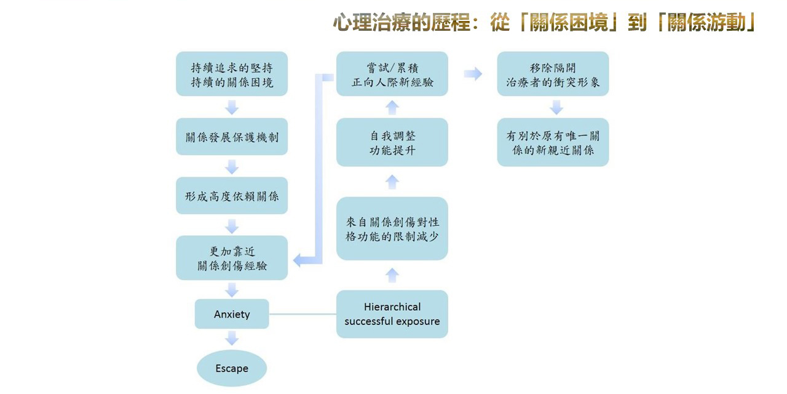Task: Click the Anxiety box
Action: click(232, 314)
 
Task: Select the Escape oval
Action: click(232, 369)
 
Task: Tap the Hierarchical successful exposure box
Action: click(392, 314)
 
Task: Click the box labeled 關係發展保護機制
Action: click(232, 137)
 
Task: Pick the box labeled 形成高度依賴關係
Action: click(232, 196)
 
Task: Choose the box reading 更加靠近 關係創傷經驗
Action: click(232, 258)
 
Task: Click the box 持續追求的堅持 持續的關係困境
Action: click(232, 74)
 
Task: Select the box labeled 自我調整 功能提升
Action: click(392, 142)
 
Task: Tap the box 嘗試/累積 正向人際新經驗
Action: click(392, 74)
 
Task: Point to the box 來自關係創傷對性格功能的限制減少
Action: click(392, 228)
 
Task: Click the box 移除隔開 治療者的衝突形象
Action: click(553, 74)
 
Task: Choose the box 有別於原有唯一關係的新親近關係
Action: click(553, 142)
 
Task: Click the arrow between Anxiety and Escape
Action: click(232, 337)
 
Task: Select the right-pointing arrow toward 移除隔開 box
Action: click(473, 74)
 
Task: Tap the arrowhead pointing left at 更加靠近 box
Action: click(299, 260)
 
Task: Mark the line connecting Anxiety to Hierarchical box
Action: click(303, 314)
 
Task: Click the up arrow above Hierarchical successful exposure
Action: click(392, 275)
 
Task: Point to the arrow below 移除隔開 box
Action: click(556, 107)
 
